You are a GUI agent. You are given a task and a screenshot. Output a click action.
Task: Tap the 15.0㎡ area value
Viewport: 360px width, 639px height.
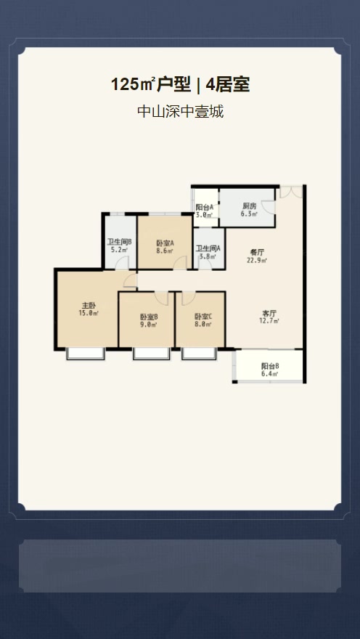point(89,313)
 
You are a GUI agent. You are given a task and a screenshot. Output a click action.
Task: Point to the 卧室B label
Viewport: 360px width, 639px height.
point(150,317)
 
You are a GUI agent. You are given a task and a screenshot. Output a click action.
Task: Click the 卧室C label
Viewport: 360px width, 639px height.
point(203,317)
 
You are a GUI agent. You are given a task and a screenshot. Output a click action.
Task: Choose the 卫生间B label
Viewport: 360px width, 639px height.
point(119,242)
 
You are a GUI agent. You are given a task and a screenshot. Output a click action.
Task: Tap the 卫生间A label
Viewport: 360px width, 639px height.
point(208,248)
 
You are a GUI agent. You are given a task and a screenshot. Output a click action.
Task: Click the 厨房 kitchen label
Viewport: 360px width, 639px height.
point(249,206)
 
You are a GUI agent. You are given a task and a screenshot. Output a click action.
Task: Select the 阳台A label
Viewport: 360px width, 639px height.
point(204,207)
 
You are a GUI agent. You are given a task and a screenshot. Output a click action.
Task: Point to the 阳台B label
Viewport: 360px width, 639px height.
point(270,366)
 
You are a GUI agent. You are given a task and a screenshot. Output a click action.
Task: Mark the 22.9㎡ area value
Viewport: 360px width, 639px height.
point(257,260)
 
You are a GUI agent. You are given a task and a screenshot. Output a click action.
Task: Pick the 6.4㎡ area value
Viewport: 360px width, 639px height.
point(270,374)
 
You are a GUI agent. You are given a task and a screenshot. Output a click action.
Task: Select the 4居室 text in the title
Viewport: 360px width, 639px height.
point(228,85)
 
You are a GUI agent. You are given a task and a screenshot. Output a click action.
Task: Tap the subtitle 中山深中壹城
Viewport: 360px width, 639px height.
point(180,112)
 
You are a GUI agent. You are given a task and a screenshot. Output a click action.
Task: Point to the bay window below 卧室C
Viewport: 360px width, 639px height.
point(200,354)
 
